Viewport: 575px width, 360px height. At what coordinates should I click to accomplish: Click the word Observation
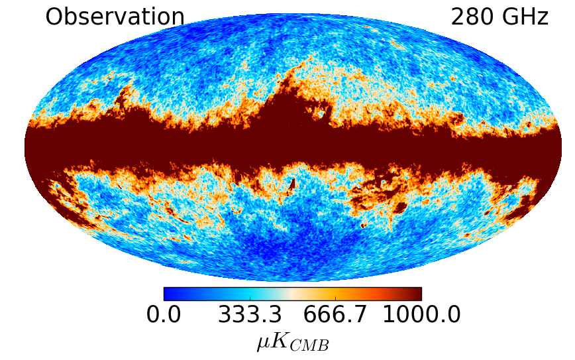[x=115, y=17]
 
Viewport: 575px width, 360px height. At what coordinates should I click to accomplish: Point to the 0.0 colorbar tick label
[x=164, y=314]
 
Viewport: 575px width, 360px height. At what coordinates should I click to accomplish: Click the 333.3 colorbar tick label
[x=250, y=314]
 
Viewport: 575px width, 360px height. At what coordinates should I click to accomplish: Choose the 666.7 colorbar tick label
[x=335, y=314]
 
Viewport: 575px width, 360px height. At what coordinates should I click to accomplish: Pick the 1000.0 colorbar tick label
[x=421, y=314]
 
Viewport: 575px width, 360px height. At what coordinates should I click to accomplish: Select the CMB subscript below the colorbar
[x=309, y=345]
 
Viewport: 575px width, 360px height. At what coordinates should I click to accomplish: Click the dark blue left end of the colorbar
[x=167, y=294]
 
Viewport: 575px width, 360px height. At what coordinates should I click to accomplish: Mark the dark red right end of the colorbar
[x=418, y=294]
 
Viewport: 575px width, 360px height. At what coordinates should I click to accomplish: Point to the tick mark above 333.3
[x=250, y=298]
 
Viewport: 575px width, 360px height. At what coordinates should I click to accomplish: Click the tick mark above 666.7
[x=335, y=298]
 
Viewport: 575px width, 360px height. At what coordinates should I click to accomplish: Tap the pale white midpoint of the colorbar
[x=293, y=294]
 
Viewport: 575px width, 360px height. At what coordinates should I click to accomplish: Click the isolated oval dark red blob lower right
[x=400, y=208]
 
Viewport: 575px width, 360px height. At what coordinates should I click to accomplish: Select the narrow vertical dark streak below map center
[x=292, y=184]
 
